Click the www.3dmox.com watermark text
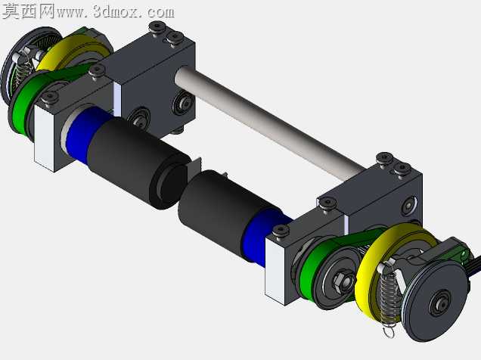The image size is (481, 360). click(116, 12)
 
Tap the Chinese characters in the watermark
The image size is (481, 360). click(29, 11)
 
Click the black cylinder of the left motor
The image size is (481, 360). click(138, 163)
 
